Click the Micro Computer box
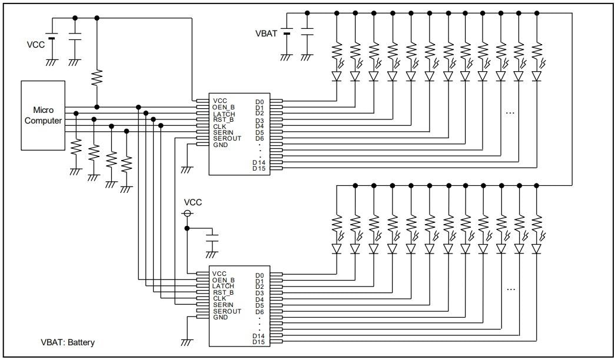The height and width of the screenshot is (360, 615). (42, 115)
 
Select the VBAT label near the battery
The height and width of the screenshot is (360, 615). (265, 34)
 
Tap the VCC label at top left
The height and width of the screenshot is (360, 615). (35, 44)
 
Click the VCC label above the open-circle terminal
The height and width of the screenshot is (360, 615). (193, 202)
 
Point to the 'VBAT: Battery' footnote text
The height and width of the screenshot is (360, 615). (68, 342)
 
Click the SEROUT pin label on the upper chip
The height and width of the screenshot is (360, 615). (227, 138)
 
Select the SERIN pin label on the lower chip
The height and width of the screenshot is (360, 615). (223, 305)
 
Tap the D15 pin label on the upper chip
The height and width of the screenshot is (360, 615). (259, 169)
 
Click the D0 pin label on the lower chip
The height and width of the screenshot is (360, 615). (260, 275)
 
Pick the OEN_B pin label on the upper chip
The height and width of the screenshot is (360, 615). (224, 107)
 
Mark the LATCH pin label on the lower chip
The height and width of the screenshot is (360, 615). (224, 286)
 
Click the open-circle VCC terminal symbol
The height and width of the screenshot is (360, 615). (188, 214)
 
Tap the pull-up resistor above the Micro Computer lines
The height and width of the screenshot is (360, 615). (97, 78)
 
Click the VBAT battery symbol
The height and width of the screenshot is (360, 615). (287, 34)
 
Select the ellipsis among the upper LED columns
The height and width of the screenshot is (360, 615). (510, 112)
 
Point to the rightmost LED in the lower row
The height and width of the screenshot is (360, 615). (536, 249)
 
